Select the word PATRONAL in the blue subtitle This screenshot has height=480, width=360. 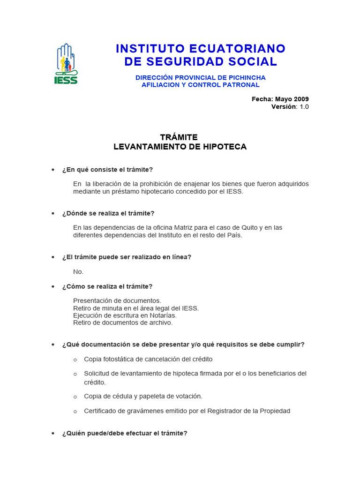239,85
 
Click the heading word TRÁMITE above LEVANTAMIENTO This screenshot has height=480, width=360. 179,137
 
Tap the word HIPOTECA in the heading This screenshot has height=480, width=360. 223,147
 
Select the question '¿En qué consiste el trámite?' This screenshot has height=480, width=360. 107,169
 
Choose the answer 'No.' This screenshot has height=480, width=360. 78,272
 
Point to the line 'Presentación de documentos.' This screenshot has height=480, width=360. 117,300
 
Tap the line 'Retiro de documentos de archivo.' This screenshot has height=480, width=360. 123,322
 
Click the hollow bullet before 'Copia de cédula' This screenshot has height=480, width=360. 75,397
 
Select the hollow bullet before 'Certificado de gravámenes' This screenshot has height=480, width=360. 75,412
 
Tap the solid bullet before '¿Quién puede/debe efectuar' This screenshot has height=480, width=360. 53,434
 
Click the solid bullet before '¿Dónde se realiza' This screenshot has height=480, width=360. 53,213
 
